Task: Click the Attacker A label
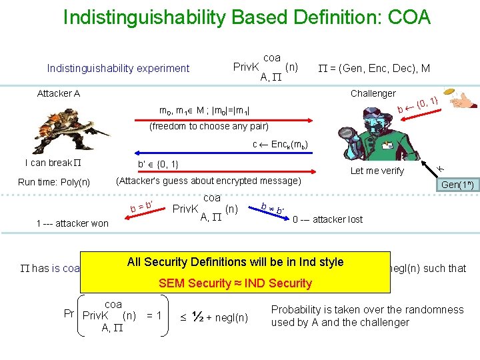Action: (59, 93)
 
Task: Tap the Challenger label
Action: (373, 93)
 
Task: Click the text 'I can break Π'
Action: (53, 163)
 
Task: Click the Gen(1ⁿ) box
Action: (457, 186)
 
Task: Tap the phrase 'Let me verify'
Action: (377, 171)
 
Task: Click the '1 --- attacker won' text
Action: (72, 223)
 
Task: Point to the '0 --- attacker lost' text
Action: (328, 219)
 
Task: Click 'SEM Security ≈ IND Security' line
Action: (235, 283)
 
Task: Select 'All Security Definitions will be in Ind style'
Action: (235, 262)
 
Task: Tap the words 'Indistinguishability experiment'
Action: (118, 68)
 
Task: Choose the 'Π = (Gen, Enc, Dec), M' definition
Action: (373, 67)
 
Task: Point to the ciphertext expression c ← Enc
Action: (280, 145)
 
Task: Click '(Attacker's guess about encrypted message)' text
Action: (209, 181)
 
